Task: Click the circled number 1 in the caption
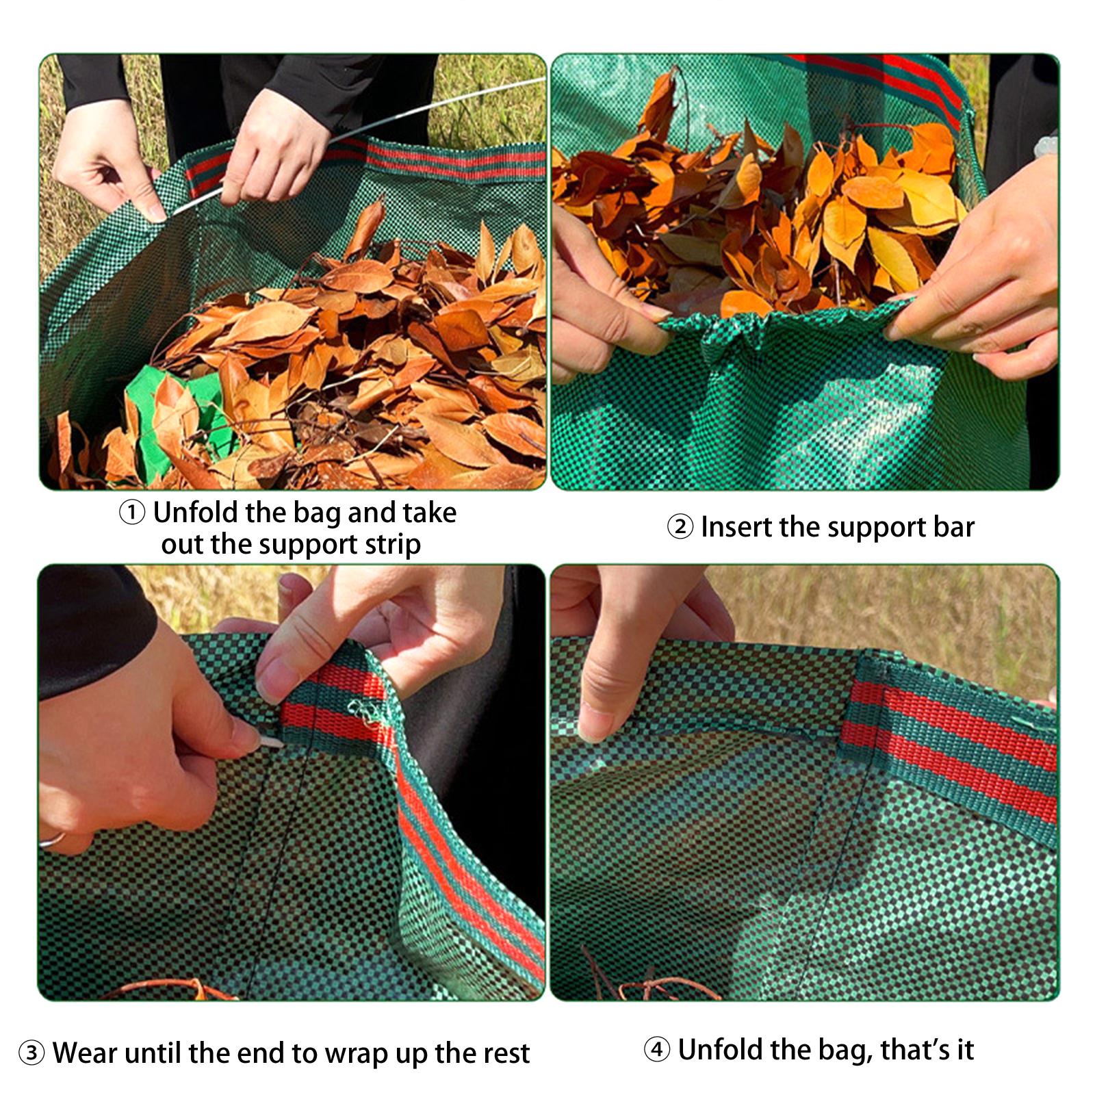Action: click(132, 513)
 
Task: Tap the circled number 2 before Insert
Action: click(680, 528)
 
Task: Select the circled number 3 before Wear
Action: click(31, 1053)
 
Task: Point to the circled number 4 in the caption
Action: click(657, 1050)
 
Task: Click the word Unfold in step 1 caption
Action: click(196, 512)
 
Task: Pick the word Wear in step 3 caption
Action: click(86, 1053)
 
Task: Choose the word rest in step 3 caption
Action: click(505, 1053)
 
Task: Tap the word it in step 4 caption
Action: click(965, 1049)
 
